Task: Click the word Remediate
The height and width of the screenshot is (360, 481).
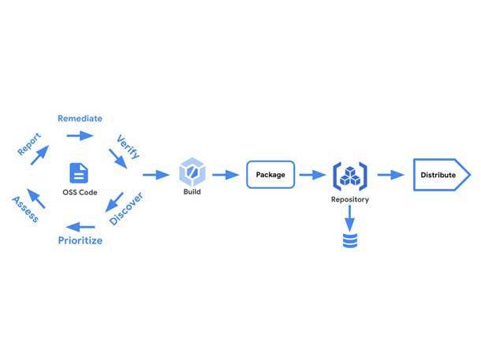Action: tap(80, 118)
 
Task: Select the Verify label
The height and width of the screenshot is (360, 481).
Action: tap(128, 146)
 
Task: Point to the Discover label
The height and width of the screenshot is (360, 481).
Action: tap(125, 209)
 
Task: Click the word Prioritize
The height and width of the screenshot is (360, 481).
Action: tap(80, 240)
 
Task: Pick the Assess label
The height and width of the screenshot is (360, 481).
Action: tap(26, 209)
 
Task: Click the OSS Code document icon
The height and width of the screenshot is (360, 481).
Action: tap(79, 173)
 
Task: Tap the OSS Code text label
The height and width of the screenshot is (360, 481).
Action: tap(79, 192)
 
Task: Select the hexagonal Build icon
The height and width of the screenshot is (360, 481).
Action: tap(192, 173)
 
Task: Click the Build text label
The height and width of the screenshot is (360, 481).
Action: tap(192, 192)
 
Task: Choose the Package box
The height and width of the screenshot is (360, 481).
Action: tap(270, 174)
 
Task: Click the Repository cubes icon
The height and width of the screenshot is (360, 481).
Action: tap(349, 175)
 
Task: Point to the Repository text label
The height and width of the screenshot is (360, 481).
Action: tap(349, 200)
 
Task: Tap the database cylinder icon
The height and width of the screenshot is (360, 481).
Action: tap(349, 239)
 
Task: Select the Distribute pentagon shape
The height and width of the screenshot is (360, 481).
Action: tap(442, 175)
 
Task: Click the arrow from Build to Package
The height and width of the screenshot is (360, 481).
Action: tap(226, 175)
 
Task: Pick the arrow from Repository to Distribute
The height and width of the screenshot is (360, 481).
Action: tap(390, 175)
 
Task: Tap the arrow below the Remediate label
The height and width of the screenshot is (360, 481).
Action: tap(80, 135)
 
